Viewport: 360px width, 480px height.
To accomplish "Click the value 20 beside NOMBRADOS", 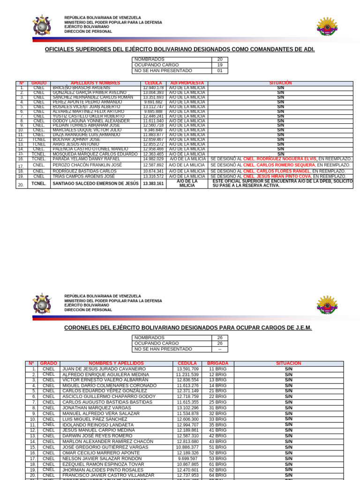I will click(x=220, y=60).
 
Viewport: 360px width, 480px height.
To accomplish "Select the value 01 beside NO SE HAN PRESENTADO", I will click(x=220, y=71).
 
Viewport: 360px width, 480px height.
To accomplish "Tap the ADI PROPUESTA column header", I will click(x=187, y=83).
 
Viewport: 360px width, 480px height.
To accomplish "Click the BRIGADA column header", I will click(x=217, y=363).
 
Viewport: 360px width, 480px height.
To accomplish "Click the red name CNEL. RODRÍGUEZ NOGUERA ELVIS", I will click(x=280, y=159).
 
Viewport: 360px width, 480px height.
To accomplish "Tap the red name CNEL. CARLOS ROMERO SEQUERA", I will click(x=279, y=165).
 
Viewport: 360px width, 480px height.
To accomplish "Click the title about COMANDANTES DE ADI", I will click(x=180, y=50).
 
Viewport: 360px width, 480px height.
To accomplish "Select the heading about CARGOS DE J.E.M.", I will click(x=187, y=328).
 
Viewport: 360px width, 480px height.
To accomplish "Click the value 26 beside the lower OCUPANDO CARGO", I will click(x=220, y=344).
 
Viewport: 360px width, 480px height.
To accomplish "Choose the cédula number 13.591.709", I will click(x=187, y=369).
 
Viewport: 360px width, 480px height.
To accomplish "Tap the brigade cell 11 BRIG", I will click(x=217, y=369).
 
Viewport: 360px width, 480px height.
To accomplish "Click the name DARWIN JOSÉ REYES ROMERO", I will click(x=97, y=436).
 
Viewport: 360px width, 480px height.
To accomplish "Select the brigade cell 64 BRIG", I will click(x=217, y=475).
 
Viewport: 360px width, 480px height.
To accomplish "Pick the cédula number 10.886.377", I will click(x=187, y=447).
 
